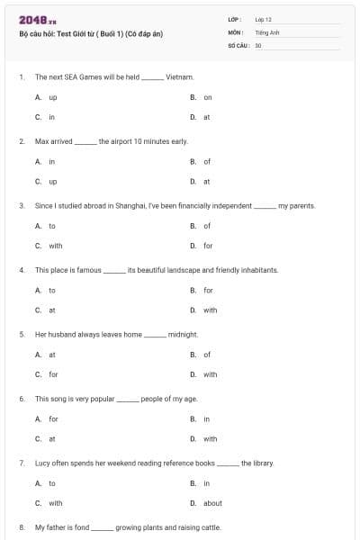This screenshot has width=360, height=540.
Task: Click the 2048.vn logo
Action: pos(32,19)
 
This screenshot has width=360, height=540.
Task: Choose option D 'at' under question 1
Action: pos(206,117)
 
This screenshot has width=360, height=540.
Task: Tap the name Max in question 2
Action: pos(41,141)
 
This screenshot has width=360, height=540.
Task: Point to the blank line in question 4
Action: pos(114,271)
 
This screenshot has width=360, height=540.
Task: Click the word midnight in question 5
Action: pos(183,335)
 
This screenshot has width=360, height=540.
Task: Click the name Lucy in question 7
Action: pos(43,463)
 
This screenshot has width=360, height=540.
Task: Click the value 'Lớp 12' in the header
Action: pos(264,18)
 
